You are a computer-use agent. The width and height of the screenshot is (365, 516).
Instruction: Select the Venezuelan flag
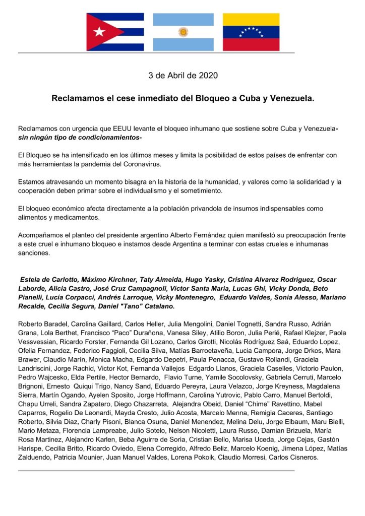pyautogui.click(x=251, y=32)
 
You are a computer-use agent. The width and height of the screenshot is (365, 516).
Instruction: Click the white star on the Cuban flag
pyautogui.click(x=99, y=32)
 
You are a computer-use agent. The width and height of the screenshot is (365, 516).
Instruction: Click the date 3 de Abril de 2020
pyautogui.click(x=182, y=76)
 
